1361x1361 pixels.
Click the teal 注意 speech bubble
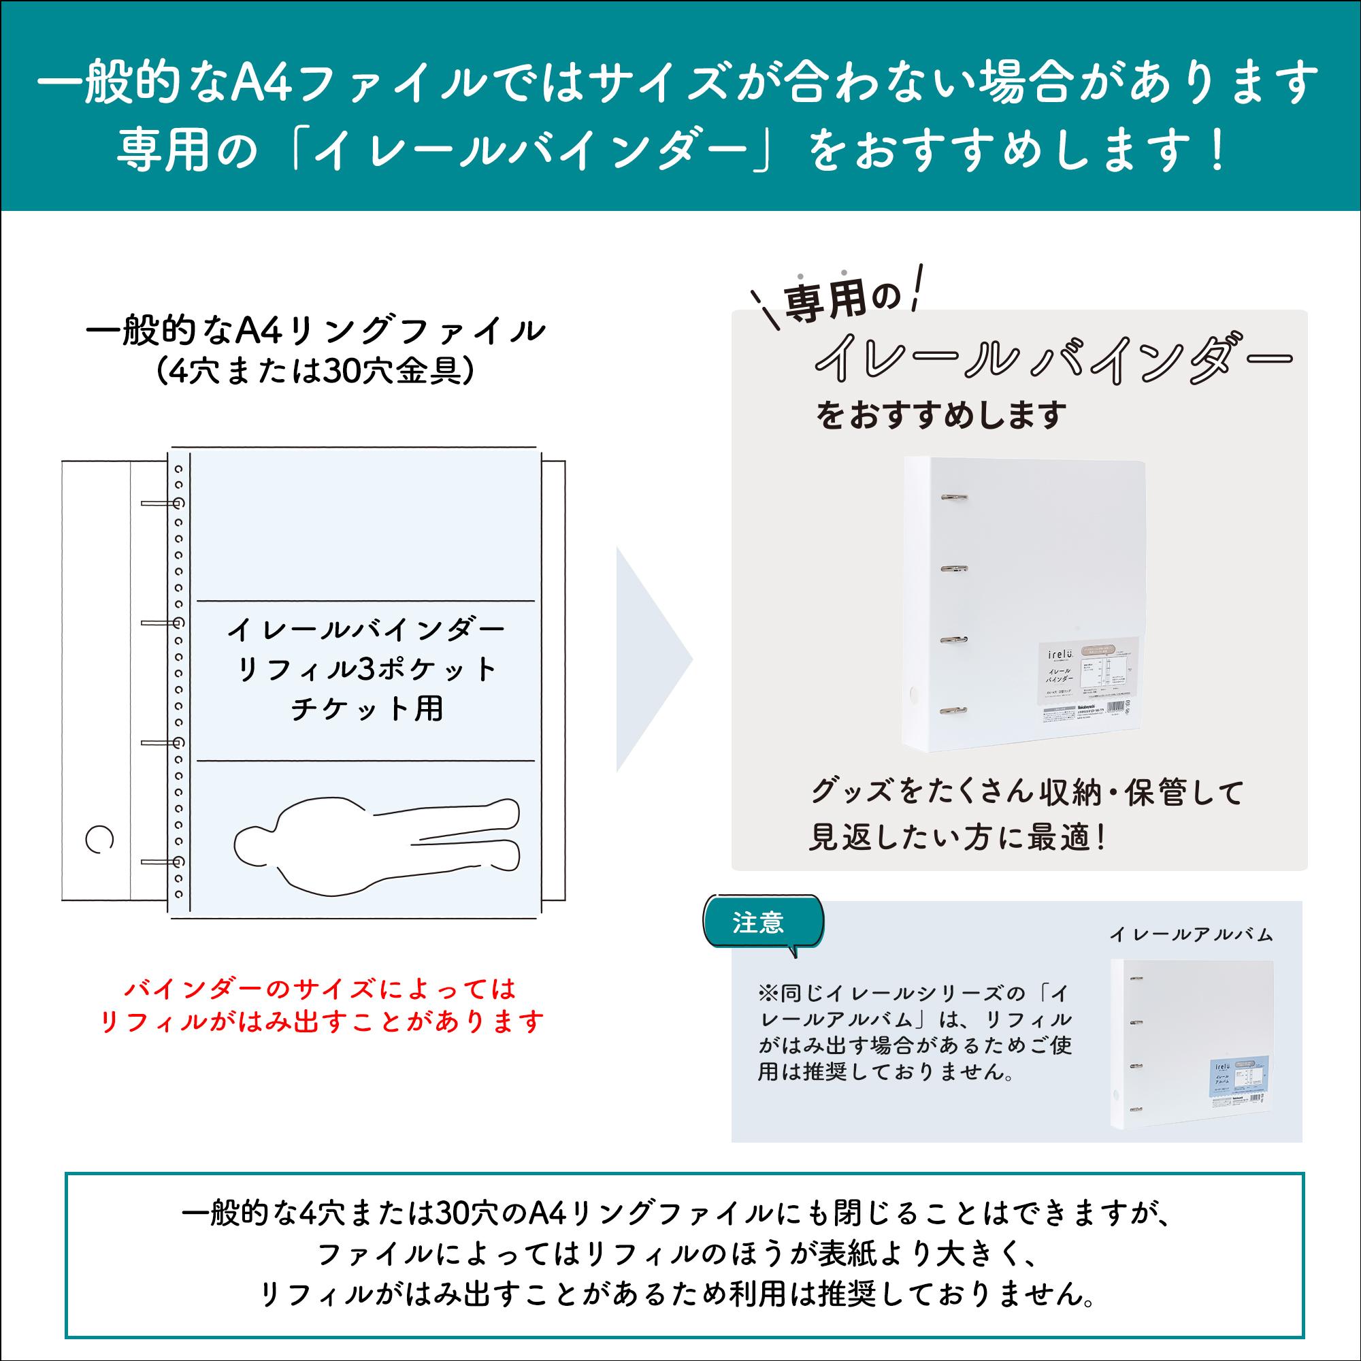pyautogui.click(x=762, y=922)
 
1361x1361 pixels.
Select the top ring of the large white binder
pyautogui.click(x=954, y=497)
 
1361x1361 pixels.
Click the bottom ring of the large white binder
pyautogui.click(x=953, y=711)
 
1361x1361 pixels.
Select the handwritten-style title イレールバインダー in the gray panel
pyautogui.click(x=1053, y=359)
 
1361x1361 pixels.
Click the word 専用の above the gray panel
pyautogui.click(x=842, y=299)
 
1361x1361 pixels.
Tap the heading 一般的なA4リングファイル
pyautogui.click(x=316, y=329)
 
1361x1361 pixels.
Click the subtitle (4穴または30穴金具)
pyautogui.click(x=316, y=371)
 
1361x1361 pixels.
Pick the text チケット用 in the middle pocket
pyautogui.click(x=366, y=708)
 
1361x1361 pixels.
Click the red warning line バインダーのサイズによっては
pyautogui.click(x=321, y=989)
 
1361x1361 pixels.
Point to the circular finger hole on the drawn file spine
pyautogui.click(x=99, y=839)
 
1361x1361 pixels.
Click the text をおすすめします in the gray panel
pyautogui.click(x=940, y=415)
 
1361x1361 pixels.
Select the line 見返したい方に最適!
pyautogui.click(x=957, y=838)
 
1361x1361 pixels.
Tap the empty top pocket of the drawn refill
pyautogui.click(x=365, y=525)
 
